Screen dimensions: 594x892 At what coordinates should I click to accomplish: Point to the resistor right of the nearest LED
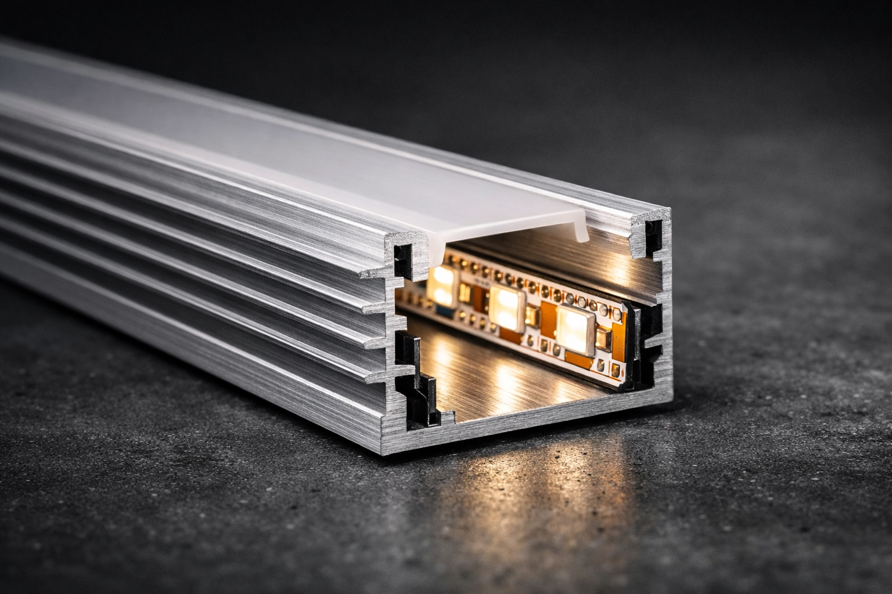pyautogui.click(x=603, y=342)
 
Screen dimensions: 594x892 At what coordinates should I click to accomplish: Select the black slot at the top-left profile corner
pyautogui.click(x=401, y=259)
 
